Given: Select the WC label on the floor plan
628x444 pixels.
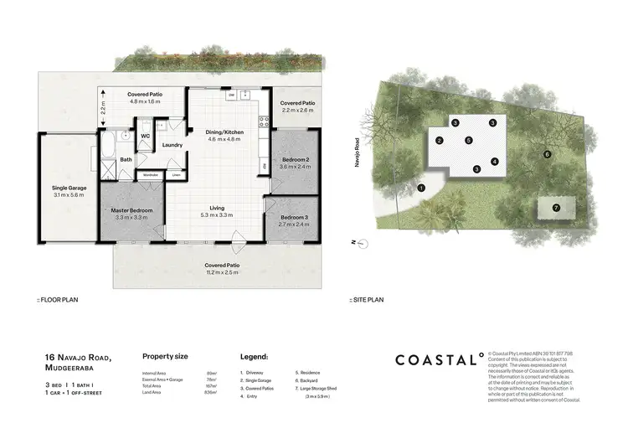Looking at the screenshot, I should click(x=145, y=135).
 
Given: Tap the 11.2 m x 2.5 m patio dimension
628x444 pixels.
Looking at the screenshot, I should click(x=223, y=272).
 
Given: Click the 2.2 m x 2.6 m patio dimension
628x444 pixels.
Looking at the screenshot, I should click(x=297, y=110).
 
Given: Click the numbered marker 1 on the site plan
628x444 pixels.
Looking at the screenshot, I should click(x=421, y=188).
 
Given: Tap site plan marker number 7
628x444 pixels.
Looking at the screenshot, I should click(x=554, y=207).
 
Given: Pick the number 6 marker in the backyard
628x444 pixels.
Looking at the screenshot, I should click(x=546, y=154).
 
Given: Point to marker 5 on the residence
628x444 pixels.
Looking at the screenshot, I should click(x=469, y=140).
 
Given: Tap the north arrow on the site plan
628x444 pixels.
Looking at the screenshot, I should click(x=355, y=243).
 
